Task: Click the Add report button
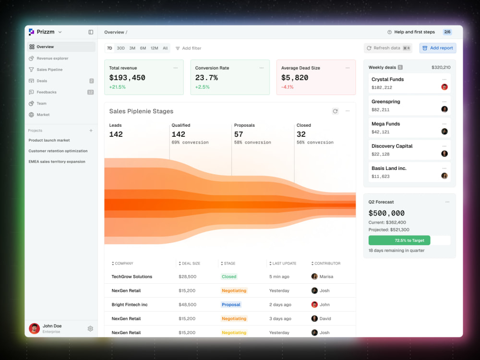(x=437, y=48)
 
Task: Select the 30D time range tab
(x=120, y=48)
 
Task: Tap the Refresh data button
(x=388, y=48)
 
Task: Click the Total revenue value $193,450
(x=127, y=78)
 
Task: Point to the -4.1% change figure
(x=287, y=87)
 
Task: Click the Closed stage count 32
(x=301, y=134)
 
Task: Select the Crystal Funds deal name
(x=387, y=79)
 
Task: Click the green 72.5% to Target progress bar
(x=399, y=240)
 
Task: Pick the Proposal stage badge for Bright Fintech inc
(x=231, y=305)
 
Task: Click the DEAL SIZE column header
(x=189, y=263)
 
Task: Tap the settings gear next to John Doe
(x=90, y=328)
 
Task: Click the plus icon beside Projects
(x=91, y=131)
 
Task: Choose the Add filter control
(x=188, y=48)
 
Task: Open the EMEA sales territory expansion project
(x=57, y=162)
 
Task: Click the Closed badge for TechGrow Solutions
(x=229, y=276)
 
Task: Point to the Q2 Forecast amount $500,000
(x=386, y=213)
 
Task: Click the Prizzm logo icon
(x=31, y=32)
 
